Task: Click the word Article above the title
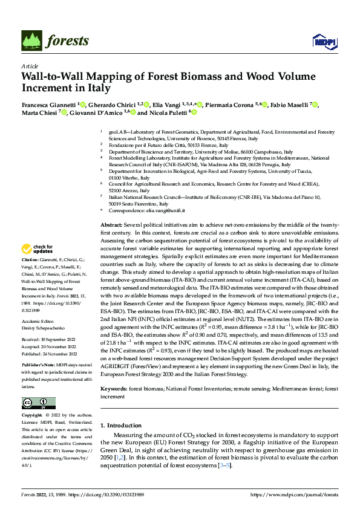click(30, 66)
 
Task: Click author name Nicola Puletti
click(169, 113)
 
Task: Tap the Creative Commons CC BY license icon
click(39, 403)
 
